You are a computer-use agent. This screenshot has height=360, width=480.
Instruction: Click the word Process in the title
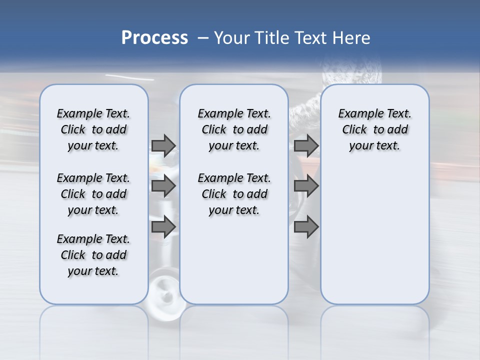(x=154, y=38)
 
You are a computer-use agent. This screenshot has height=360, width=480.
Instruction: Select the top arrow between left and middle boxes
(x=163, y=145)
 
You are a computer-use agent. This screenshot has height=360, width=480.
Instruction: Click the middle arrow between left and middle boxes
(x=163, y=186)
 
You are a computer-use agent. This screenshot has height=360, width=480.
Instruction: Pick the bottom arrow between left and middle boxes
(x=163, y=227)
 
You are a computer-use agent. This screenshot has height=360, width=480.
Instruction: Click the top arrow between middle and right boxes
(x=306, y=145)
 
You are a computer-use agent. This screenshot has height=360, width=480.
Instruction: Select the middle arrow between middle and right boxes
(x=306, y=186)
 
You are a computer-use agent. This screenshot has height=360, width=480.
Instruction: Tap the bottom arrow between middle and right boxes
(x=306, y=227)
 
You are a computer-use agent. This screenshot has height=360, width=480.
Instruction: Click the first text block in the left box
(x=93, y=129)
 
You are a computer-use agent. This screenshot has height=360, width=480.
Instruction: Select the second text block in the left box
(x=93, y=194)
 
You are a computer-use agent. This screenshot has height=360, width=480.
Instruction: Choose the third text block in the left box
(x=93, y=255)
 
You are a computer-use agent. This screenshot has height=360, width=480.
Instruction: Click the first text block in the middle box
(x=234, y=129)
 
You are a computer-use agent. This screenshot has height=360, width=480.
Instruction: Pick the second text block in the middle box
(x=234, y=194)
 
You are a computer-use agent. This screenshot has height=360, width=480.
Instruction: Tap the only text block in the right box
(x=374, y=129)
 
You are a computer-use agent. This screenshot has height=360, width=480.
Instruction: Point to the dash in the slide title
(x=202, y=38)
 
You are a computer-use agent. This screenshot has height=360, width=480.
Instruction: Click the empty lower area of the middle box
(x=234, y=260)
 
